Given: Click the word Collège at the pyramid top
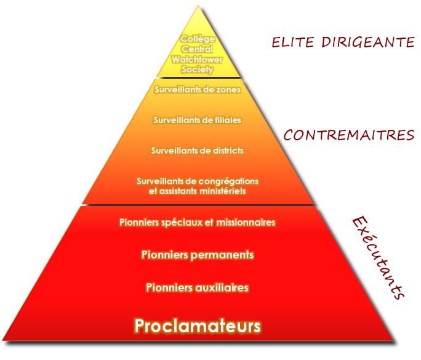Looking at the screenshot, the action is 198,39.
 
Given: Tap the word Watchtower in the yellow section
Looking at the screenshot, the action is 198,59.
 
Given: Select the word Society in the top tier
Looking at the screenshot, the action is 198,70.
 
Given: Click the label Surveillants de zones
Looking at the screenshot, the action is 198,89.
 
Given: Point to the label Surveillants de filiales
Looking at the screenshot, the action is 198,120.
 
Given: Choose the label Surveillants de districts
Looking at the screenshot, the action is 198,151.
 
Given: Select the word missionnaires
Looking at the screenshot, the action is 246,222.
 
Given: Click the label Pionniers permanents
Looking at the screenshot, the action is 198,255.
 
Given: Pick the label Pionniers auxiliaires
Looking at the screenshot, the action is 198,287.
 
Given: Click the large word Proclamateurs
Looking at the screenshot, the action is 198,326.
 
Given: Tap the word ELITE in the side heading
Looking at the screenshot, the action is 292,42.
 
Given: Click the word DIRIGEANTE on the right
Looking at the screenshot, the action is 368,42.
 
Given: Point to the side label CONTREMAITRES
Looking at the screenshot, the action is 350,135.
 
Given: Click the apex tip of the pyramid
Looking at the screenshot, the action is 198,6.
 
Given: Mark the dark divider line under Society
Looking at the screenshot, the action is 198,78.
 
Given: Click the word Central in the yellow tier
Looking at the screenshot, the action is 198,49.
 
